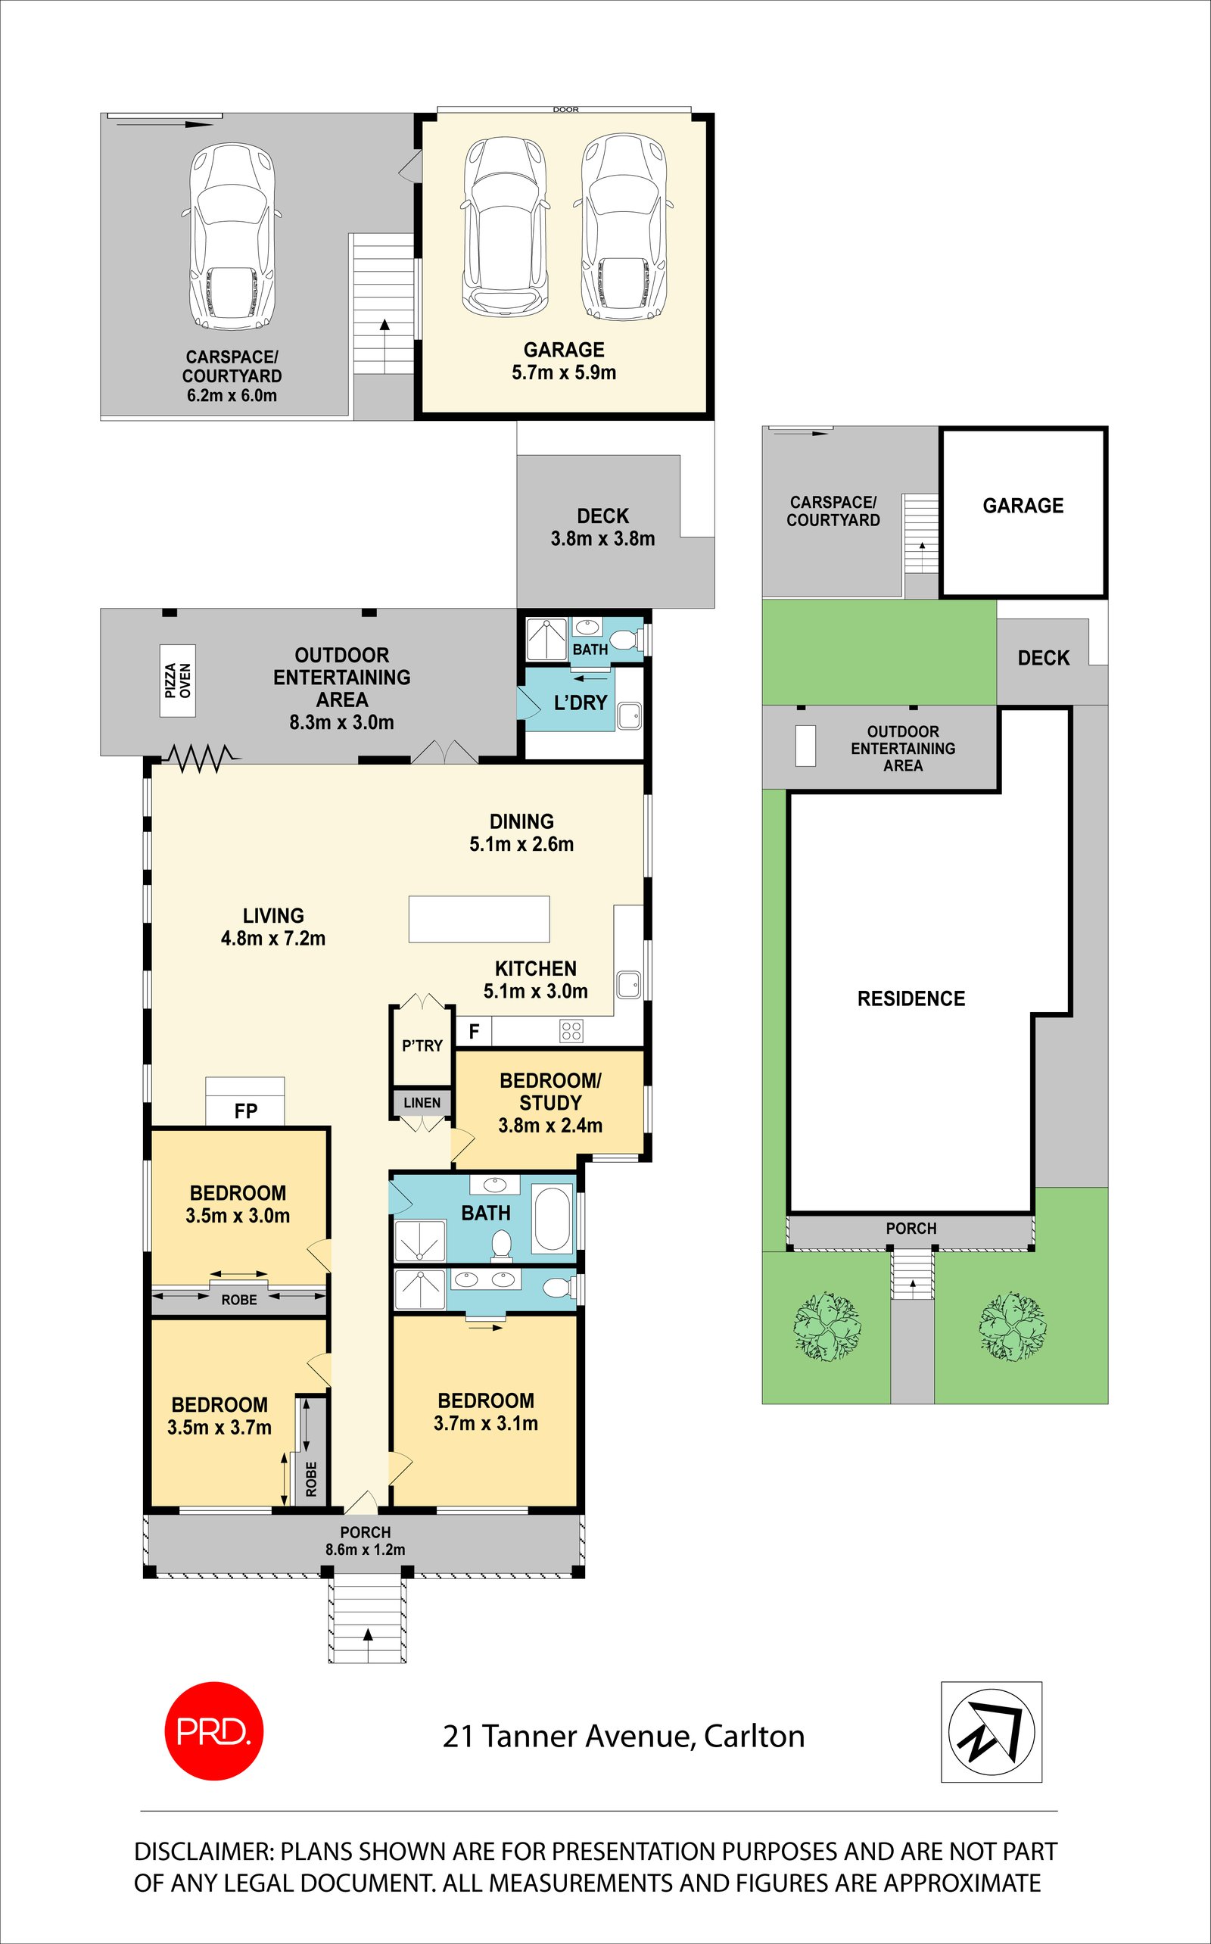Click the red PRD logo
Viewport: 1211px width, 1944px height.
[213, 1731]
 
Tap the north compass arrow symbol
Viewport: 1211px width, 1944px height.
[991, 1732]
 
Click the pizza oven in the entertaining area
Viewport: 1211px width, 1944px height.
[178, 680]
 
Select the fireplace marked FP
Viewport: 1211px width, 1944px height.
[245, 1103]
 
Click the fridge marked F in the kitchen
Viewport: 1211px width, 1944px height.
[473, 1032]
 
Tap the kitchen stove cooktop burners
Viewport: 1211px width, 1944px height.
[571, 1031]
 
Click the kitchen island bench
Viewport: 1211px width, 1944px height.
[479, 919]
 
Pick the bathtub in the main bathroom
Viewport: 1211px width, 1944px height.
[552, 1218]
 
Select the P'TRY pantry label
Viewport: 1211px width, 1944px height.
[422, 1046]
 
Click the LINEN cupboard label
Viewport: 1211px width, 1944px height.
[422, 1103]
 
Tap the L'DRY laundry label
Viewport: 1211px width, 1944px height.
[581, 703]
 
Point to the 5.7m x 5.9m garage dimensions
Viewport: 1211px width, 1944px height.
[564, 372]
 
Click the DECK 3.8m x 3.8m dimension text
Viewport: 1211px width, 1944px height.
[602, 539]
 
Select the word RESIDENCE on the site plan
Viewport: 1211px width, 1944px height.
[911, 998]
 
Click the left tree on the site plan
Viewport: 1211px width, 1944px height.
[827, 1325]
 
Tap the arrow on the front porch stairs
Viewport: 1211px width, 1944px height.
[369, 1633]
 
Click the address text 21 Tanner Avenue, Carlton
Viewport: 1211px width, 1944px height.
[623, 1736]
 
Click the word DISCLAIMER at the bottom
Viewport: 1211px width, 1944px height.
[204, 1852]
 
